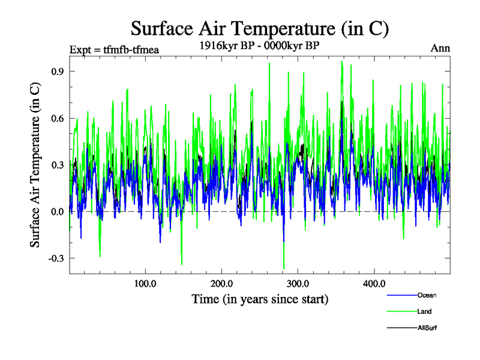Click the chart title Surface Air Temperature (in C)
[260, 28]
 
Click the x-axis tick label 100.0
[145, 283]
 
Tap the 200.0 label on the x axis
[221, 283]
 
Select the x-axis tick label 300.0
[298, 283]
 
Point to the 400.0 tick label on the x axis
[374, 283]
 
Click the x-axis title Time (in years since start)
[260, 299]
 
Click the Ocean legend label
[427, 295]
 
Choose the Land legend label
[424, 311]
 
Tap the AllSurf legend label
[427, 328]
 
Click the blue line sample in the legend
[401, 295]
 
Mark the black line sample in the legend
[401, 328]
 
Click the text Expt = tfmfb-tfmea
[114, 49]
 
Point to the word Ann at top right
[440, 48]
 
